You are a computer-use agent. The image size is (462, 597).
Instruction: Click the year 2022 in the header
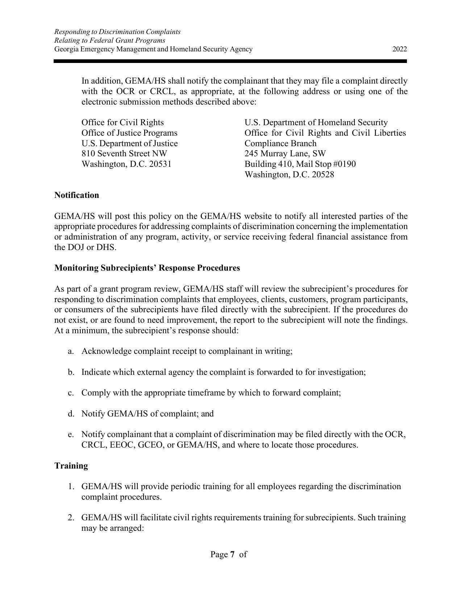coord(399,49)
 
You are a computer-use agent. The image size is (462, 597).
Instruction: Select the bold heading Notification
coord(76,195)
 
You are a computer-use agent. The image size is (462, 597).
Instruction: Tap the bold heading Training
coord(71,466)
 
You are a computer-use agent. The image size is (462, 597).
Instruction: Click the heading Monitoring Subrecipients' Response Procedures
coord(147,268)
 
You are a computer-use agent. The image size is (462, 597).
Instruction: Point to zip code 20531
coord(160,164)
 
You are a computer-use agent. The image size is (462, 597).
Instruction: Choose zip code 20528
coord(323,175)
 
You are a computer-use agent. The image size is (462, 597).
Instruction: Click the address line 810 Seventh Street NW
coord(124,154)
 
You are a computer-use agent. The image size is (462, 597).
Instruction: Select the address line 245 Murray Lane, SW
coord(285,154)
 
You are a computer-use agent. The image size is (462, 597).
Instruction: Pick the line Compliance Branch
coord(280,143)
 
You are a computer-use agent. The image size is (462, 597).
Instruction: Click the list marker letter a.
coord(70,351)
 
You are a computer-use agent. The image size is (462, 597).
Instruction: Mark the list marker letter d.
coord(70,414)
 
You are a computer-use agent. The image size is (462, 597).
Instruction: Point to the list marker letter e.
coord(70,435)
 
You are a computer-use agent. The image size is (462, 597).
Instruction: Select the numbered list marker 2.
coord(71,518)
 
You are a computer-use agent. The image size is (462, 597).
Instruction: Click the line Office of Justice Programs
coord(129,133)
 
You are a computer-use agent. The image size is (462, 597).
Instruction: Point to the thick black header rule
coord(230,62)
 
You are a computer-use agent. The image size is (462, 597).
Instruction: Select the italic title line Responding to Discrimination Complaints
coord(117,32)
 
